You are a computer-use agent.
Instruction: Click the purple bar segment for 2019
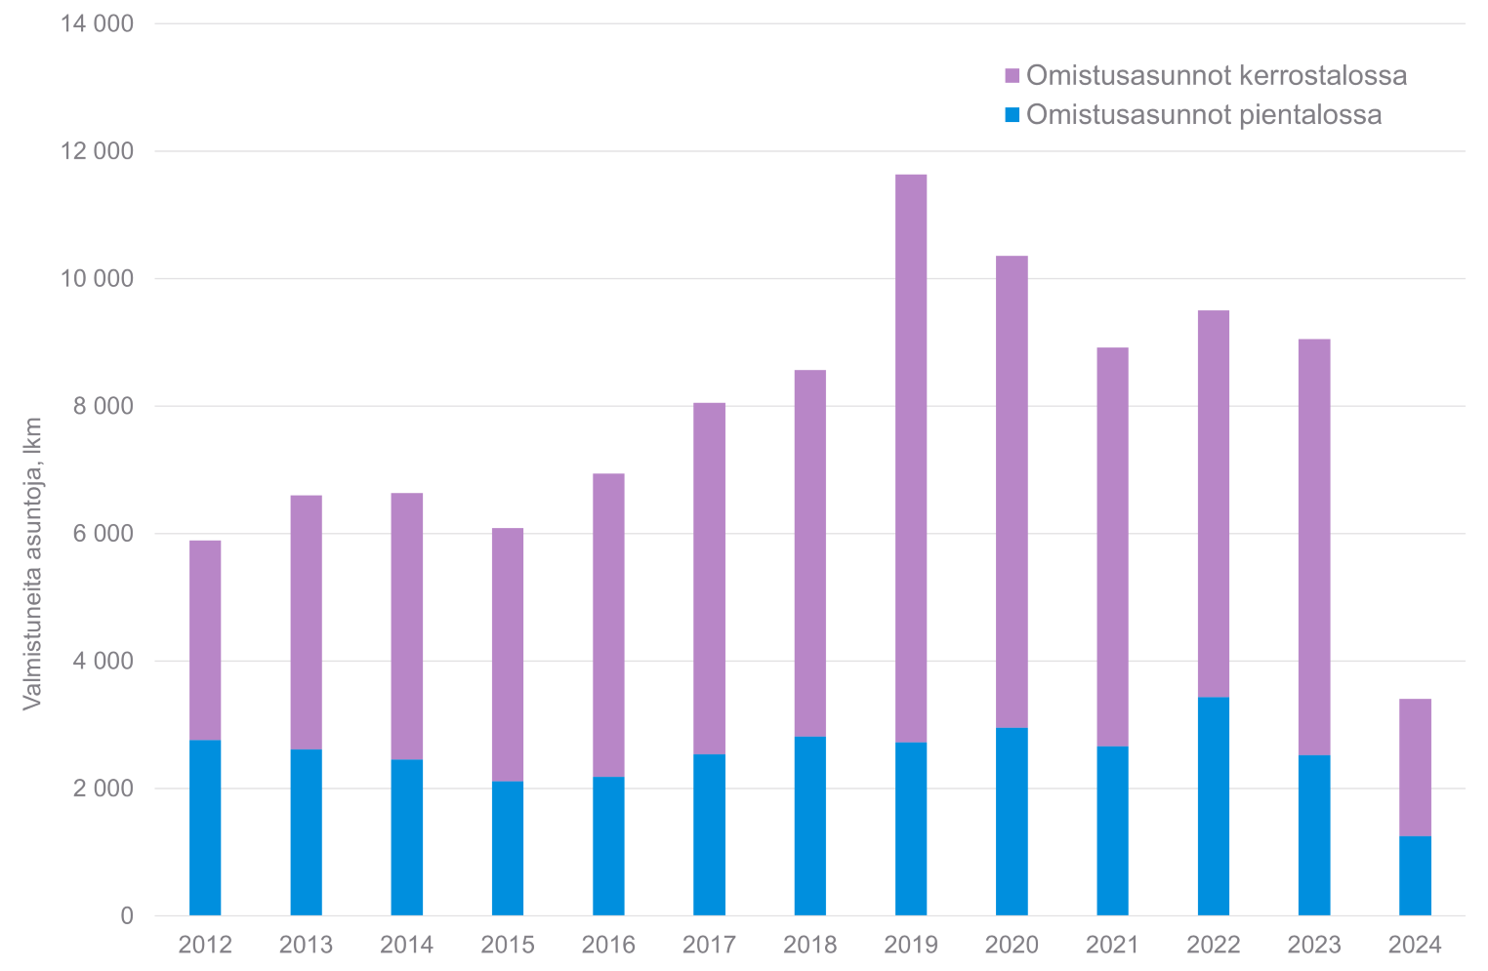(910, 459)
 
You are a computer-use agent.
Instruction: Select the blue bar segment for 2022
(1213, 806)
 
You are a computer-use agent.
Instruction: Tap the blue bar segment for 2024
(1415, 875)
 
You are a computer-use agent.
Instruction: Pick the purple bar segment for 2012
(205, 640)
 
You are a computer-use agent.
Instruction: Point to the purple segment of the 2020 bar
(1012, 492)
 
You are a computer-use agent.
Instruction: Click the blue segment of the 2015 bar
(508, 848)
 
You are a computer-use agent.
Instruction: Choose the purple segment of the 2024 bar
(1415, 767)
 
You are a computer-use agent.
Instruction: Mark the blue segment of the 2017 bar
(709, 834)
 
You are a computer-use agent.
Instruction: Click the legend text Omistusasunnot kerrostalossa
(1216, 75)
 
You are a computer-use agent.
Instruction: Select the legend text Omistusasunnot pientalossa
(1203, 114)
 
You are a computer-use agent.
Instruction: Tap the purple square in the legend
(1012, 76)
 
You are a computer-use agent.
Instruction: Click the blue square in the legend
(1012, 115)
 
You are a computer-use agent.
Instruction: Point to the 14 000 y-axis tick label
(97, 23)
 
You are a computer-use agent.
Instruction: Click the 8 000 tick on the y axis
(103, 406)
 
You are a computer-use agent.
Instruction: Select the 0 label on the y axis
(126, 915)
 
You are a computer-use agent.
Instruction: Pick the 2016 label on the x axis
(608, 945)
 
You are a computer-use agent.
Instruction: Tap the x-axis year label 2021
(1112, 945)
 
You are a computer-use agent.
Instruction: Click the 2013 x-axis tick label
(306, 945)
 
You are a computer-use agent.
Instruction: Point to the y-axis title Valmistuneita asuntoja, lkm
(32, 564)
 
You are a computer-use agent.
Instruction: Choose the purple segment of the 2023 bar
(1313, 546)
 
